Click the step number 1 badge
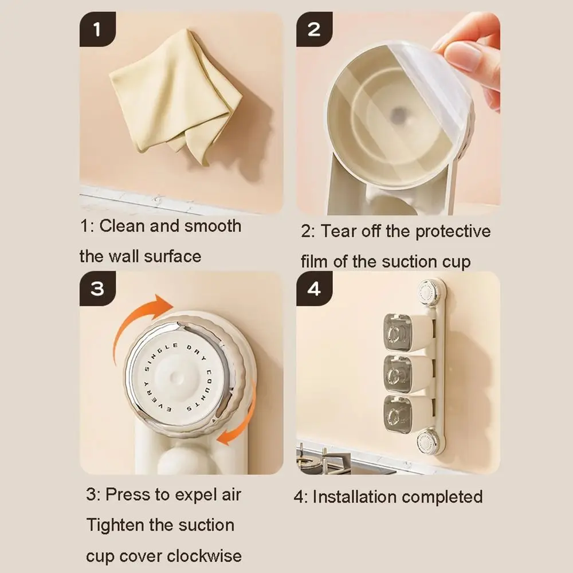tap(97, 29)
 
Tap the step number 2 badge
tap(314, 29)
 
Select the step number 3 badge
tap(97, 288)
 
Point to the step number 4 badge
tap(314, 288)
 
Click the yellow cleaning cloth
tap(175, 95)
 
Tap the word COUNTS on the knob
tap(203, 390)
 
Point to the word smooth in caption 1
tap(213, 226)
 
